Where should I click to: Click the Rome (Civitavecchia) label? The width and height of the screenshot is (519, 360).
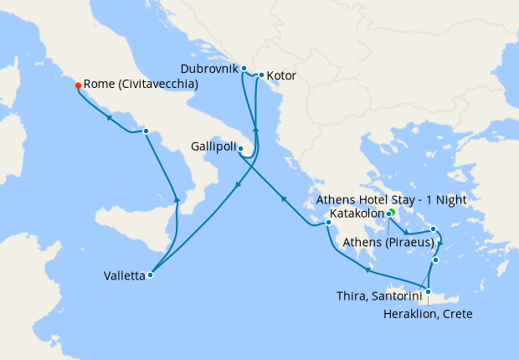coord(141,85)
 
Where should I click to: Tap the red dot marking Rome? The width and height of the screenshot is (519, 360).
coord(78,85)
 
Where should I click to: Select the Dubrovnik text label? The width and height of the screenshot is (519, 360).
coord(210,67)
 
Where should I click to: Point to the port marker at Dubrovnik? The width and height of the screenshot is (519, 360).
coord(244,69)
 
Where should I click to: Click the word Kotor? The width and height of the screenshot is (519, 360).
coord(281,76)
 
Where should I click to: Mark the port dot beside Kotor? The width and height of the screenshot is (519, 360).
coord(262,75)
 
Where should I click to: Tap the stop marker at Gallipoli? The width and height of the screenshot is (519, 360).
coord(240,150)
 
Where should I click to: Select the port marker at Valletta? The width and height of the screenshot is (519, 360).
coord(151,275)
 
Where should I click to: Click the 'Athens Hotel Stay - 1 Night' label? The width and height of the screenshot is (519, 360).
coord(391,201)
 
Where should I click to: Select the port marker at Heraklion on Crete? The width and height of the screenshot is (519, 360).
coord(428,292)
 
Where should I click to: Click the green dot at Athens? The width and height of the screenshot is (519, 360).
coord(391,213)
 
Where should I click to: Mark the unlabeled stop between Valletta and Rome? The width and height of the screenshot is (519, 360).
coord(146,131)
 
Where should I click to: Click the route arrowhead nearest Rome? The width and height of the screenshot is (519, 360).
coord(109,118)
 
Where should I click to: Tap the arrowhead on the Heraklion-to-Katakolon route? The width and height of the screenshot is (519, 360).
coord(368,269)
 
